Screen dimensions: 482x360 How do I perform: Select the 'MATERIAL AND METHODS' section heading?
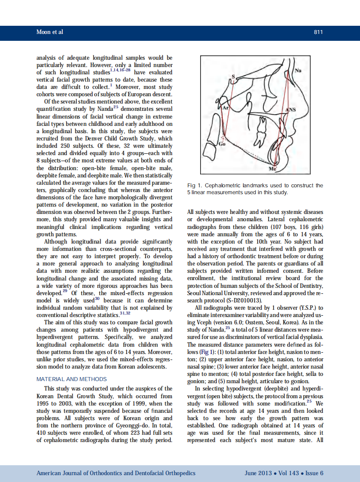click(x=72, y=379)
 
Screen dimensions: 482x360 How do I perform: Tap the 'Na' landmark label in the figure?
click(x=297, y=70)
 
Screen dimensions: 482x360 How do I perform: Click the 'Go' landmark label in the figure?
click(x=222, y=144)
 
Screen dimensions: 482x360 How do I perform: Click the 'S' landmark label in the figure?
click(x=234, y=77)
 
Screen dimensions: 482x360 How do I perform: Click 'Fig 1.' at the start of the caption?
click(x=195, y=186)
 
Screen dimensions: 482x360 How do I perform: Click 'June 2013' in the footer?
click(x=258, y=473)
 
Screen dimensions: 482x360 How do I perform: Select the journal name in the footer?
click(x=116, y=473)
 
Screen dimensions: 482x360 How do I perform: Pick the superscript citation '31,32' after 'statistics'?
click(x=125, y=313)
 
